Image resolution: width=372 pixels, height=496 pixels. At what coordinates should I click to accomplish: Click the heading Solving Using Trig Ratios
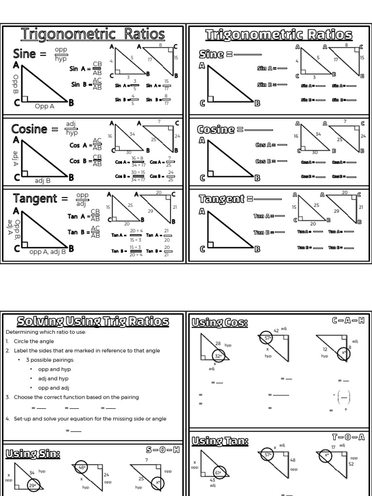93,321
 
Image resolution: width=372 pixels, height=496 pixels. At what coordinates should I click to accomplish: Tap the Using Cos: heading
220,322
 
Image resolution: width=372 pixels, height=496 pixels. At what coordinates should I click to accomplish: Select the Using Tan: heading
220,441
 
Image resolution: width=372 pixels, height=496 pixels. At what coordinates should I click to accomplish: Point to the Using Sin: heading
33,453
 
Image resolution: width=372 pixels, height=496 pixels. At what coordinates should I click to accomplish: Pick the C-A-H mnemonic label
348,321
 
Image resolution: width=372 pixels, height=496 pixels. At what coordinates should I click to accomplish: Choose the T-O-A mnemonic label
348,437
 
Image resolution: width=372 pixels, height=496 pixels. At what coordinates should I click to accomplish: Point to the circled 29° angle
33,485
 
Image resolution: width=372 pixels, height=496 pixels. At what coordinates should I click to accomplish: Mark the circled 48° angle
82,468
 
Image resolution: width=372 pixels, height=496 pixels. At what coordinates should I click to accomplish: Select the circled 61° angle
218,473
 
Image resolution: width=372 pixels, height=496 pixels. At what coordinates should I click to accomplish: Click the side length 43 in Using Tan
212,480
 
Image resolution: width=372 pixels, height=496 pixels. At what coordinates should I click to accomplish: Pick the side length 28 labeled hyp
218,343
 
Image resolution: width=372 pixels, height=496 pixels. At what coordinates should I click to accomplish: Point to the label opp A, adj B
47,252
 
